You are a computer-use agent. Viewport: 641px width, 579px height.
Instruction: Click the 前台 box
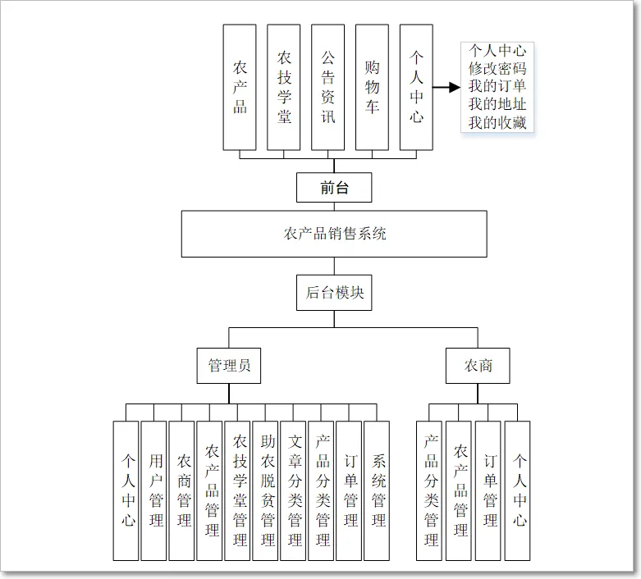pos(334,188)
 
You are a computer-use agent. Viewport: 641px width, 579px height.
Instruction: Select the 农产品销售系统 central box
pos(334,234)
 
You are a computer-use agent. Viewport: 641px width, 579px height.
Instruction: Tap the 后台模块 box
pos(334,293)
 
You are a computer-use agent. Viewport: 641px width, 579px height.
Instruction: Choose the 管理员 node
pos(229,366)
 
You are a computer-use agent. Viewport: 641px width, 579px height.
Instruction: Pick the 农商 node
pos(478,366)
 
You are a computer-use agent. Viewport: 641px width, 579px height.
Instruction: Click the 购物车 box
pos(372,87)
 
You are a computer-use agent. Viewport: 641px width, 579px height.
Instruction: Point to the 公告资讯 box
pos(327,87)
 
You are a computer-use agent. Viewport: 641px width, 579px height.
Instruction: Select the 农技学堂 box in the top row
pos(283,87)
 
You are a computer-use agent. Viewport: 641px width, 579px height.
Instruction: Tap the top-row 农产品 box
pos(240,87)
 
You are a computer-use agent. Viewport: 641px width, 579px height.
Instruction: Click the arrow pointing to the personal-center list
pos(446,88)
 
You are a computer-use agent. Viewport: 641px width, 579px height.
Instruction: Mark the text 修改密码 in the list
pos(497,68)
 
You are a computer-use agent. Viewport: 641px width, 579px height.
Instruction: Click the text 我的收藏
pos(497,123)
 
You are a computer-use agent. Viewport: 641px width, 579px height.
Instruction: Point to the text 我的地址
pos(497,105)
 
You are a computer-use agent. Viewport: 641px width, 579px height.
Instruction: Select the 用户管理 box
pos(153,490)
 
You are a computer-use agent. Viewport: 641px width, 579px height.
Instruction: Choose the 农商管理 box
pos(181,490)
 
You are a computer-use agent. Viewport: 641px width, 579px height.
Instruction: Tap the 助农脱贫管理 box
pos(265,490)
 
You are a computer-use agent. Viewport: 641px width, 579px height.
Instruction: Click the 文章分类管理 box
pos(293,490)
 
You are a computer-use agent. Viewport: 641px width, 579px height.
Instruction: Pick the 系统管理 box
pos(377,490)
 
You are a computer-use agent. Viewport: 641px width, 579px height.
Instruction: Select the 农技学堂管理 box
pos(237,490)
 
